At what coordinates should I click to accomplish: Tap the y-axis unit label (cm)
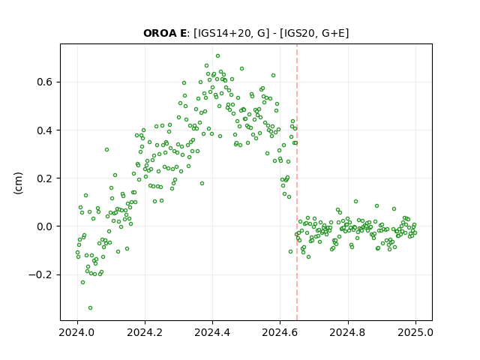coord(18,183)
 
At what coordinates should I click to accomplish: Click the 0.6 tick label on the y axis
coord(45,82)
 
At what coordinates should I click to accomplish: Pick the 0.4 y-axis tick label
coord(45,130)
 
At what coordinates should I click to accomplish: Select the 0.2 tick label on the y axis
coord(45,178)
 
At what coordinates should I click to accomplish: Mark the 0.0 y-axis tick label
coord(45,226)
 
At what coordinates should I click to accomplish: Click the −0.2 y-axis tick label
coord(41,274)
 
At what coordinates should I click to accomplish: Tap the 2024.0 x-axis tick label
coord(77,332)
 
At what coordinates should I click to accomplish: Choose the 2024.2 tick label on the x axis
coord(145,332)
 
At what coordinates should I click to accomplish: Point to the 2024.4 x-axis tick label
coord(212,332)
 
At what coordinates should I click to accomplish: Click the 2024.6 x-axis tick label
coord(280,332)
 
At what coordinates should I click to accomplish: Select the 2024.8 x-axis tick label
coord(348,332)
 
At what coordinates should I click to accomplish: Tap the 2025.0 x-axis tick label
coord(415,332)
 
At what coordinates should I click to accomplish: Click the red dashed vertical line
coord(297,182)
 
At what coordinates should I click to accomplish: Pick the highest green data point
coord(217,56)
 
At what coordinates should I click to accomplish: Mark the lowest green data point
coord(90,307)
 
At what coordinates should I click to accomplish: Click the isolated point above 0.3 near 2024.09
coord(106,150)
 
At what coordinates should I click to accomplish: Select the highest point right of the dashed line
coord(355,202)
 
